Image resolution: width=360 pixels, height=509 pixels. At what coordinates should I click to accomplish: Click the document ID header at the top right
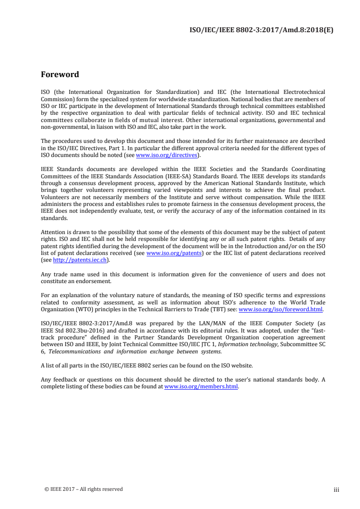click(261, 31)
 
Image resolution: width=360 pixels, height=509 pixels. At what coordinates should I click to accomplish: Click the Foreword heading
click(60, 74)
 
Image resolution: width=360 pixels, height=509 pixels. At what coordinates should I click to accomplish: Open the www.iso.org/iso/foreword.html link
click(281, 309)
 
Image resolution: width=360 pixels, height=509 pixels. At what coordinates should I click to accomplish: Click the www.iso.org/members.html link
click(201, 387)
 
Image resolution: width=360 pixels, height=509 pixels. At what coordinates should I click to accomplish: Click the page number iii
click(336, 489)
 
